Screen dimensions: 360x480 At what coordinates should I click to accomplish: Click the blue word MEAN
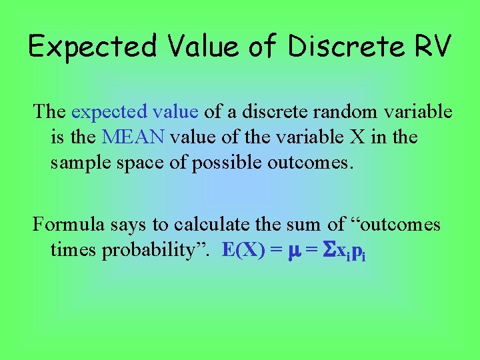[134, 137]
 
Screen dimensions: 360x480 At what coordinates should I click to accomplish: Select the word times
[73, 250]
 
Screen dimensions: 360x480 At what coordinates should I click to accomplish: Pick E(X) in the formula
[243, 251]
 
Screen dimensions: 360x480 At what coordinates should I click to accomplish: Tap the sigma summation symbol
[329, 251]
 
